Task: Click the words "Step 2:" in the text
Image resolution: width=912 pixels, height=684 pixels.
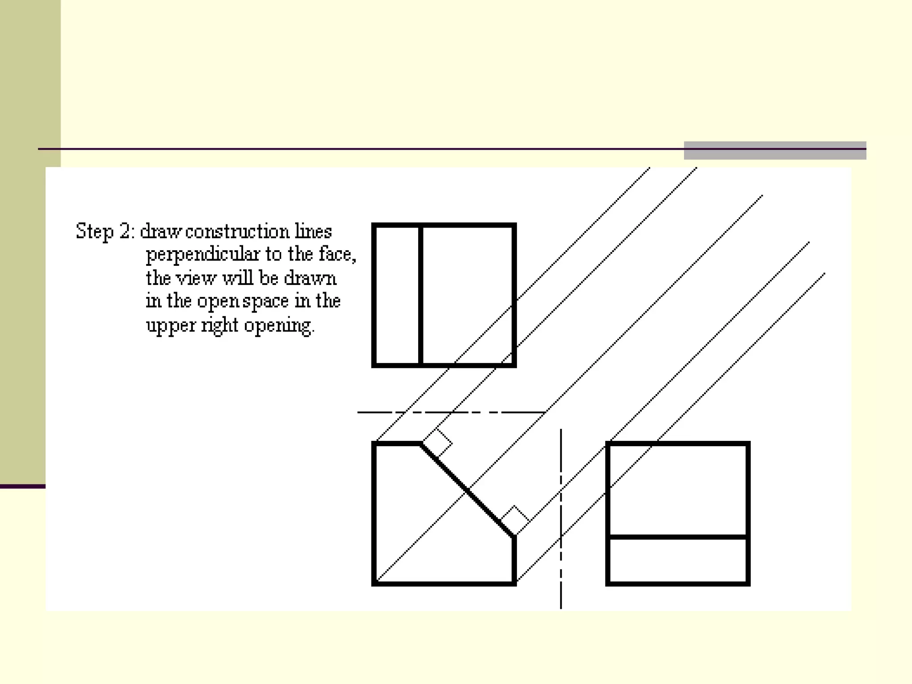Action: click(104, 232)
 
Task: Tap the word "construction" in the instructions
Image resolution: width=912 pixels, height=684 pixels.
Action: click(237, 232)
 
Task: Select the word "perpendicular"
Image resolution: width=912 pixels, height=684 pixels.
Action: click(203, 255)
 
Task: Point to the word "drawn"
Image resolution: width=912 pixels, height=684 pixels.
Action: click(310, 278)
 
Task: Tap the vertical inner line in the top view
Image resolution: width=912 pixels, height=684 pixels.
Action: click(420, 295)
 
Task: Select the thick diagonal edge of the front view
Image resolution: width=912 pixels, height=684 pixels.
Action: click(468, 490)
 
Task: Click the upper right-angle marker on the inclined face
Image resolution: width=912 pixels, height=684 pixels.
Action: click(437, 443)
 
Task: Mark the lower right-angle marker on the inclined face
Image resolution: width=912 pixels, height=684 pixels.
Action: click(515, 520)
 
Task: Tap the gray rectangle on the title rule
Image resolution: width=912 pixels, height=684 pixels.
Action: click(775, 151)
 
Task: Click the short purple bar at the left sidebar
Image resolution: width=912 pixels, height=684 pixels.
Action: click(22, 486)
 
